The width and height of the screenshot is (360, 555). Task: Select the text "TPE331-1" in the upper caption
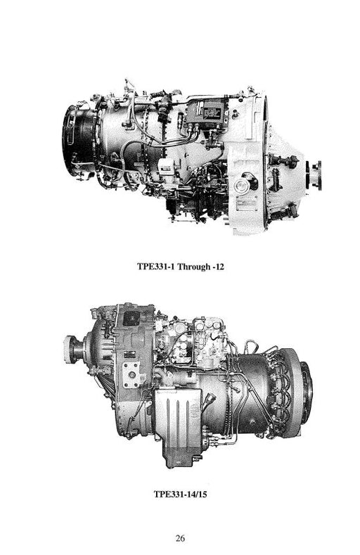click(156, 266)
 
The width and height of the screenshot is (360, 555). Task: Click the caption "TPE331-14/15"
click(180, 494)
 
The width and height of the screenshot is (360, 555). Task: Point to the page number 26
click(180, 538)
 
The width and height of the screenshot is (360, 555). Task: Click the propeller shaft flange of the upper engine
click(317, 175)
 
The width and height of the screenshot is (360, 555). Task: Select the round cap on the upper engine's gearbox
click(243, 184)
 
